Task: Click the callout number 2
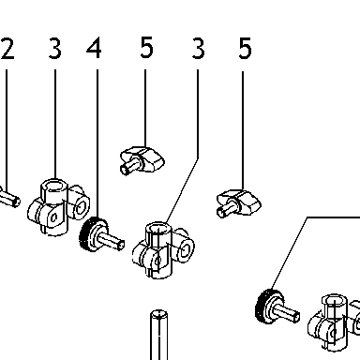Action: point(7,49)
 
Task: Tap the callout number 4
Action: point(94,48)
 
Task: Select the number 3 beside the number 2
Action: point(55,49)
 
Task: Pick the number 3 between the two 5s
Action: point(198,49)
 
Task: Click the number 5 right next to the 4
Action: point(146,48)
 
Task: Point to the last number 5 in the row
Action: point(245,49)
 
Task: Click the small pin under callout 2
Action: point(9,199)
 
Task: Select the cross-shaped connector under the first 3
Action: point(58,207)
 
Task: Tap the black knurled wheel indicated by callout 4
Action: point(87,234)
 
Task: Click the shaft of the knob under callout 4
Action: point(112,241)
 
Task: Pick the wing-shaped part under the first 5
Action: point(142,160)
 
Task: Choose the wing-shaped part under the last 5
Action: point(238,203)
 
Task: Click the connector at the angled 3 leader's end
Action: point(162,250)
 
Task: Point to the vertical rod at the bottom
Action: point(158,335)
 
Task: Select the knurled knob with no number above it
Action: point(277,307)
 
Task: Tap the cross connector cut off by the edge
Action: point(334,322)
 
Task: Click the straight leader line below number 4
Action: point(97,143)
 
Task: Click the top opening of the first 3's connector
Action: point(54,186)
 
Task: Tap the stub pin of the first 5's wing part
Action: point(128,166)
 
